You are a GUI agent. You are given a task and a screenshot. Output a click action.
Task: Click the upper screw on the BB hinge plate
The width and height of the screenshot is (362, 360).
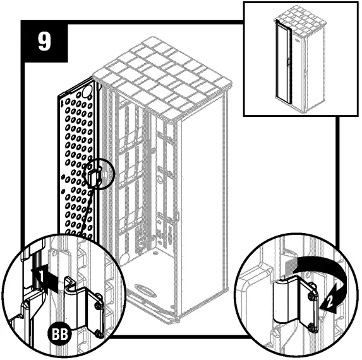tap(98, 306)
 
